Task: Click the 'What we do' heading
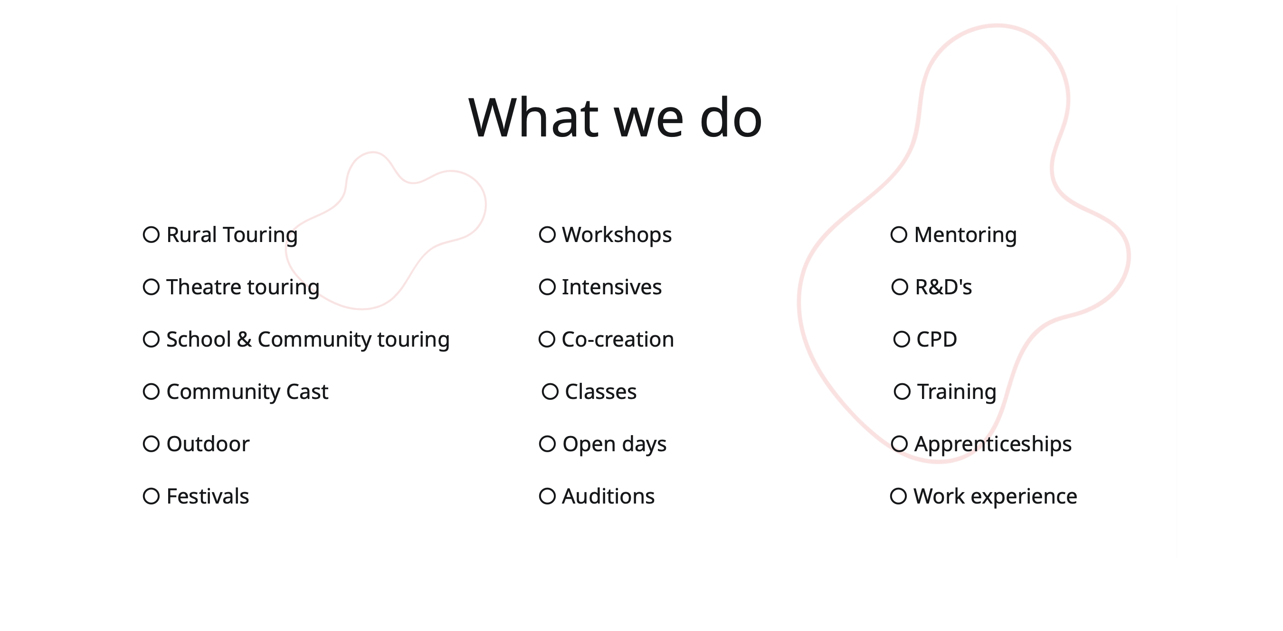[615, 117]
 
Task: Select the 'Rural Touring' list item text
[232, 235]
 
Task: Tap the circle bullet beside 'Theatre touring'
[152, 287]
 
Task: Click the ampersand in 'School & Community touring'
[244, 340]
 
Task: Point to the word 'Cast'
[307, 392]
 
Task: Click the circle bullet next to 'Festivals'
[152, 496]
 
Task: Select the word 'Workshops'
[617, 235]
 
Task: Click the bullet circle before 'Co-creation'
[547, 340]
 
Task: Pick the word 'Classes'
[601, 392]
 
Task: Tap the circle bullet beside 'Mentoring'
[899, 235]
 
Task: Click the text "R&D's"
[943, 287]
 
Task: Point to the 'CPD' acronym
[936, 340]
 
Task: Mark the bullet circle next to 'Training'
[903, 392]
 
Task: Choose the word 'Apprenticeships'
[993, 445]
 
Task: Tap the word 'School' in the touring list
[199, 340]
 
